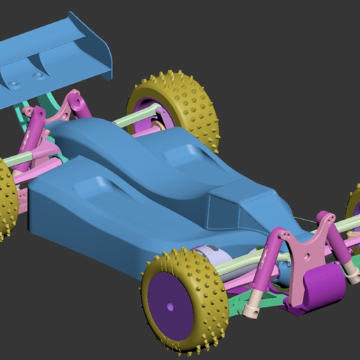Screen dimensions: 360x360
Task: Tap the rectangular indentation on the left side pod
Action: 93,185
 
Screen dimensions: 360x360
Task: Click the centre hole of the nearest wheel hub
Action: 170,306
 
